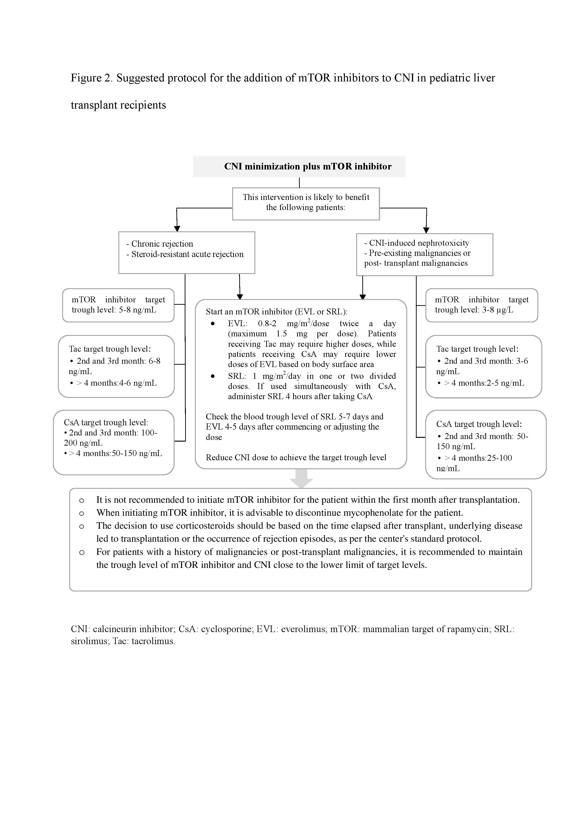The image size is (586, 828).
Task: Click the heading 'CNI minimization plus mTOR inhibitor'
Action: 308,167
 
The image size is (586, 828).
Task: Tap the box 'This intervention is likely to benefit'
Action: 306,197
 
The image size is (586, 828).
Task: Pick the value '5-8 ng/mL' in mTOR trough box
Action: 137,310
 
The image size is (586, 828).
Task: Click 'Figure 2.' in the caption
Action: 92,78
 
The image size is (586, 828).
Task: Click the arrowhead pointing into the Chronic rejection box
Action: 177,229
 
